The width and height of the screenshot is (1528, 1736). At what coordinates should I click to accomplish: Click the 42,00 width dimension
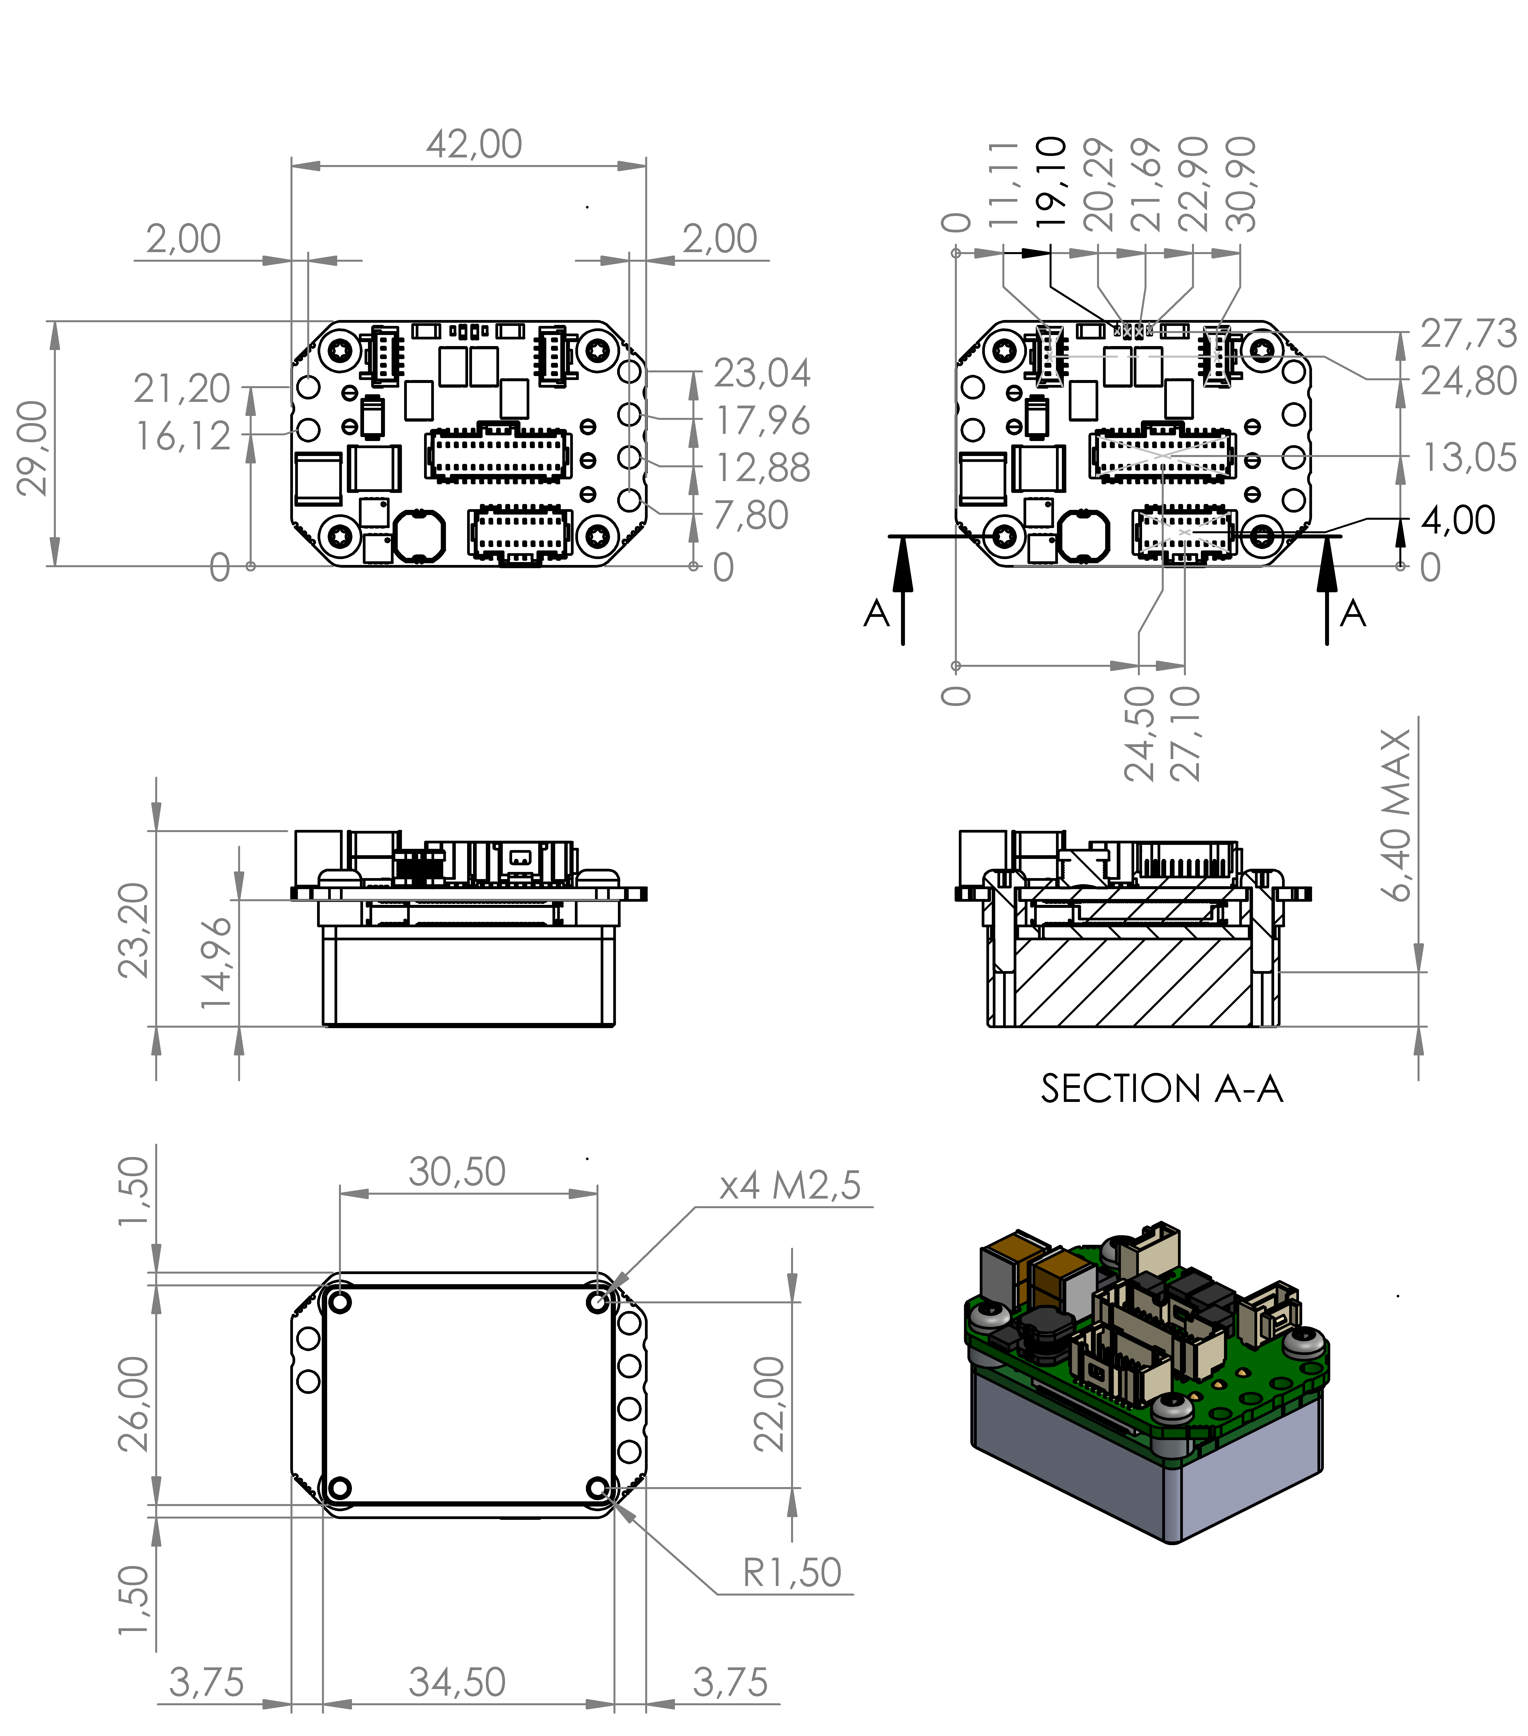pos(474,144)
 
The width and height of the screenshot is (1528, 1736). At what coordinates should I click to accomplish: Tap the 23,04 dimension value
pos(762,374)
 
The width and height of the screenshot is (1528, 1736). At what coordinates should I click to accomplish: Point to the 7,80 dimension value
pos(751,516)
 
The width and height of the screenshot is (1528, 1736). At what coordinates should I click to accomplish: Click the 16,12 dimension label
pos(183,437)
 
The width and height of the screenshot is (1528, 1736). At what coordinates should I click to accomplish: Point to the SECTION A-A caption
pos(1161,1089)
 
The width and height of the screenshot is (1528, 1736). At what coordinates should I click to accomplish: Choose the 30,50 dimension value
pos(457,1172)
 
